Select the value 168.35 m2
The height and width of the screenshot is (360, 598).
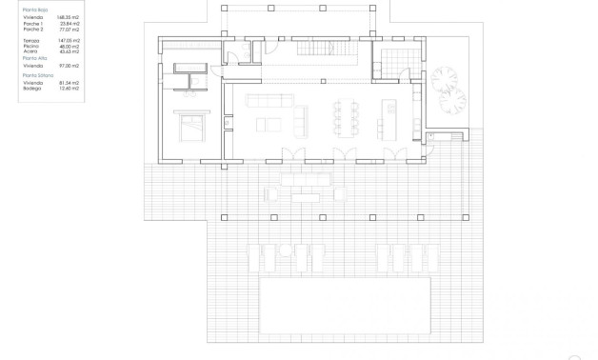(x=70, y=17)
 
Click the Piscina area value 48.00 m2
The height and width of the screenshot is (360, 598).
(x=70, y=46)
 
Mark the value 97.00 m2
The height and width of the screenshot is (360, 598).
(x=70, y=65)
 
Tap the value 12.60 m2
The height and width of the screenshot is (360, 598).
(x=70, y=88)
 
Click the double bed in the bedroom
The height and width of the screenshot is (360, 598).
(x=190, y=126)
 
